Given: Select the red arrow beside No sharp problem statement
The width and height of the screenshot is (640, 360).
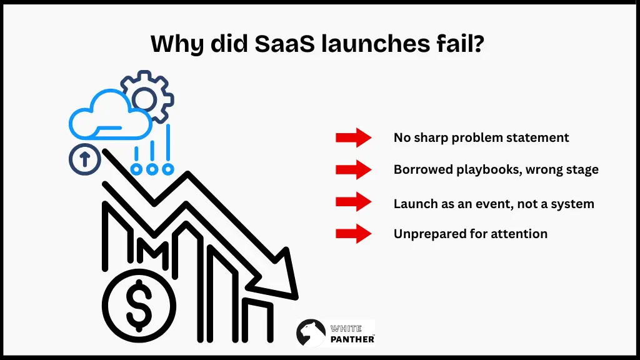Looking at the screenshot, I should [x=354, y=137].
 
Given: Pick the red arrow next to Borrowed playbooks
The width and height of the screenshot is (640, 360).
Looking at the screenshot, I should [x=354, y=169].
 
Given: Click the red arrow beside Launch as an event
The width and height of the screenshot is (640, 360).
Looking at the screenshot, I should [x=354, y=202].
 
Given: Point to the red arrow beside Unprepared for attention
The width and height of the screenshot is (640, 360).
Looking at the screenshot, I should [x=354, y=234].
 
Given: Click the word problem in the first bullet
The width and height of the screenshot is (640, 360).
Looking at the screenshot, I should [x=471, y=137].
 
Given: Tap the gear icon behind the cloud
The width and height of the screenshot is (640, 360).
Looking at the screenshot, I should [x=147, y=97].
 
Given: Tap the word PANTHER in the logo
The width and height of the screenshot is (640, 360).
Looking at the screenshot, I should [x=352, y=339].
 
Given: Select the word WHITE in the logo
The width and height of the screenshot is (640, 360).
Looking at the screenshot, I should [x=346, y=328].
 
